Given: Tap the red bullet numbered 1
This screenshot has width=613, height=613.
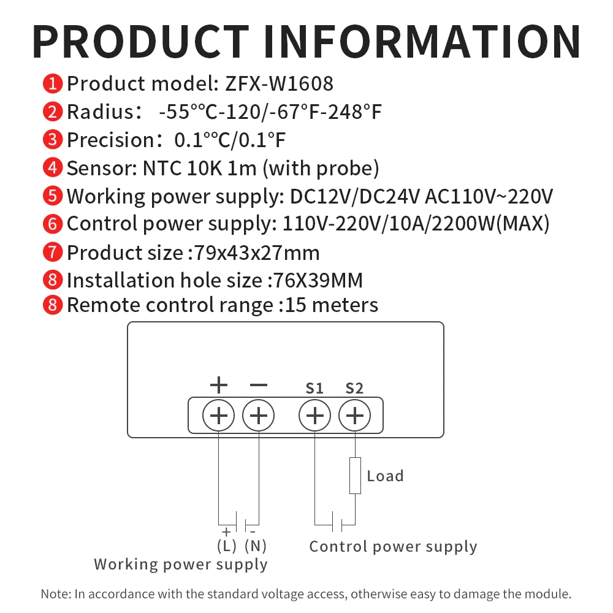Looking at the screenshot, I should click(53, 83).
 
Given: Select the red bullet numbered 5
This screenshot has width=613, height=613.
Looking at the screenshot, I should click(53, 196).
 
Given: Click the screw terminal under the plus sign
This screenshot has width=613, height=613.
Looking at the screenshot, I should click(219, 416).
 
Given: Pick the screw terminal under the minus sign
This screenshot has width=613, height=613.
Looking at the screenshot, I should click(259, 416).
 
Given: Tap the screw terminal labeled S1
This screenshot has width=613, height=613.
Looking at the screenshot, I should click(314, 416).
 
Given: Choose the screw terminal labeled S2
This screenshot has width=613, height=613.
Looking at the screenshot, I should click(354, 416).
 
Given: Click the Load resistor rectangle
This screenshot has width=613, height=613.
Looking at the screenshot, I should click(355, 475).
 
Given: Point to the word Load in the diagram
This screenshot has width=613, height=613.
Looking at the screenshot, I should click(385, 476).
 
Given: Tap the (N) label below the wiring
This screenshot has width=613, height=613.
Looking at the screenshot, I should click(255, 545).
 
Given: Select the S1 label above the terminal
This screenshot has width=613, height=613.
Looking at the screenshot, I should click(314, 388).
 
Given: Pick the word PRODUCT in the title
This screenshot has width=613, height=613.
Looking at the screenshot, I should click(143, 40).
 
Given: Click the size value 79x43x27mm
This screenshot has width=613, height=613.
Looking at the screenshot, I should click(256, 253).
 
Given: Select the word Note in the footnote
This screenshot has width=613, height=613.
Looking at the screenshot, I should click(53, 594).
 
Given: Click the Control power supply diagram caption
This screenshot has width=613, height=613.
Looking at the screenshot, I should click(393, 546).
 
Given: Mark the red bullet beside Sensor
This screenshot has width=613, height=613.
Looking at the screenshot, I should click(53, 168).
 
